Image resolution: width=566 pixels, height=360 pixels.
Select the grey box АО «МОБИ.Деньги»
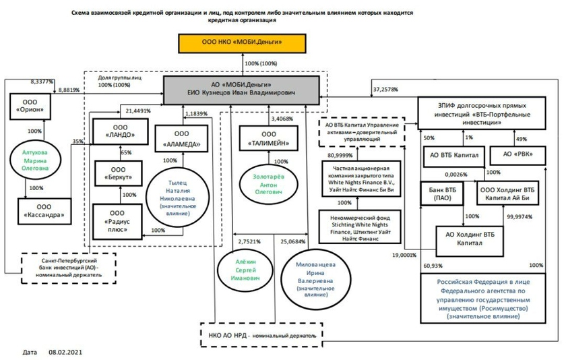[242, 90]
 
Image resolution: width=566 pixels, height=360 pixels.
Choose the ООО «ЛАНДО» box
[118, 129]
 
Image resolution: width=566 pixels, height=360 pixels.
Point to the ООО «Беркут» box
[118, 172]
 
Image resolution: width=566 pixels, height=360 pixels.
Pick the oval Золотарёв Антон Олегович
[269, 183]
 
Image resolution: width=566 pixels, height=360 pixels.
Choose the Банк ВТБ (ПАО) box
[440, 194]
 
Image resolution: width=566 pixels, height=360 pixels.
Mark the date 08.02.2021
[65, 352]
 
